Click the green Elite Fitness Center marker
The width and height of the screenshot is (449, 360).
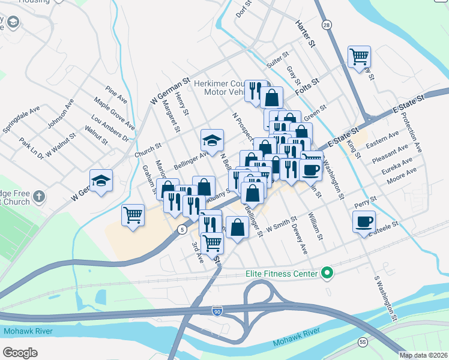point(327,274)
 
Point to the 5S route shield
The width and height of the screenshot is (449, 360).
point(363,342)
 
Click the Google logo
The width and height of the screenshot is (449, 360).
point(20,352)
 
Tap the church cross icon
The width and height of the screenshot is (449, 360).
point(38,196)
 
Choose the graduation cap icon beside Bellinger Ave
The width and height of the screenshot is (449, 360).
point(212,141)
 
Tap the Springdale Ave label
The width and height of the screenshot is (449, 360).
point(21,119)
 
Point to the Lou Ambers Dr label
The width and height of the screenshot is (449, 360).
point(110,128)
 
